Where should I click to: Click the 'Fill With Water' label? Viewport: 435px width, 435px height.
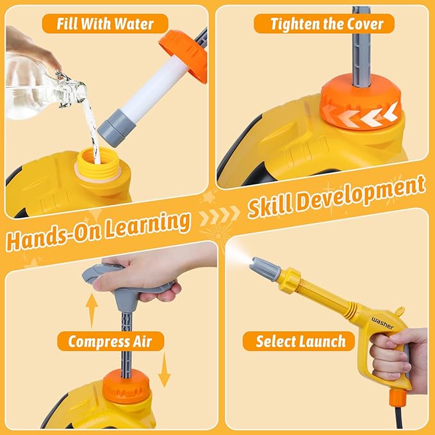105,24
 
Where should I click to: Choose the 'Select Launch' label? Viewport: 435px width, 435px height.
300,341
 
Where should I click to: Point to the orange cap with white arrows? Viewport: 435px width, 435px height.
361,103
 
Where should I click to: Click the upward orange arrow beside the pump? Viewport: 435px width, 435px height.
92,309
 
